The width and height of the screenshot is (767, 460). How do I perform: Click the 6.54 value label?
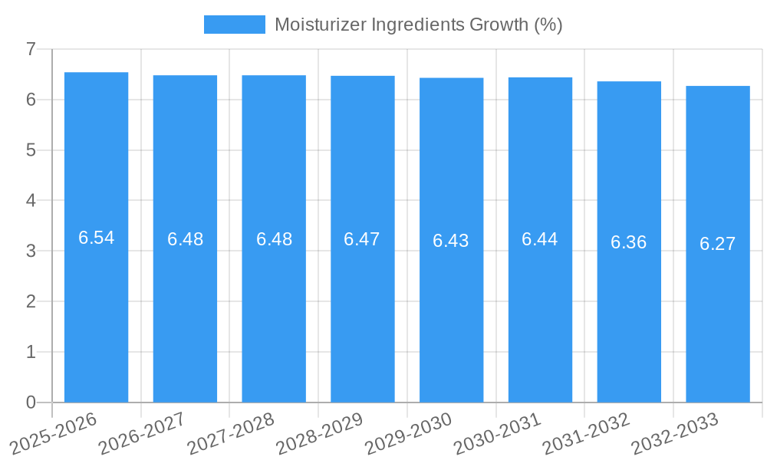97,238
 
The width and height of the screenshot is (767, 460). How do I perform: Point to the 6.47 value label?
362,239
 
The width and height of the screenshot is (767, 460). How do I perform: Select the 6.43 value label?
451,241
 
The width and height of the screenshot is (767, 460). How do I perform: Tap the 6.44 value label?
540,239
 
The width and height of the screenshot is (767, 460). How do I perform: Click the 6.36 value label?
629,242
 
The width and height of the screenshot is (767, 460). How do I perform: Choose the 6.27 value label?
718,244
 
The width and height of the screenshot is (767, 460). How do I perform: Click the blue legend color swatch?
234,25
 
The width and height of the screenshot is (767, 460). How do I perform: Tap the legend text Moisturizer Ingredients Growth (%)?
419,25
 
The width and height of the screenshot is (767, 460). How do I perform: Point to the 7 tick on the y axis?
31,49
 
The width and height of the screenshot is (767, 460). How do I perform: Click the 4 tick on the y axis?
31,200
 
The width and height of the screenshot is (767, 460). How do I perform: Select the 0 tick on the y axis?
31,402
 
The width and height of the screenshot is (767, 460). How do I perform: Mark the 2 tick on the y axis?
31,301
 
